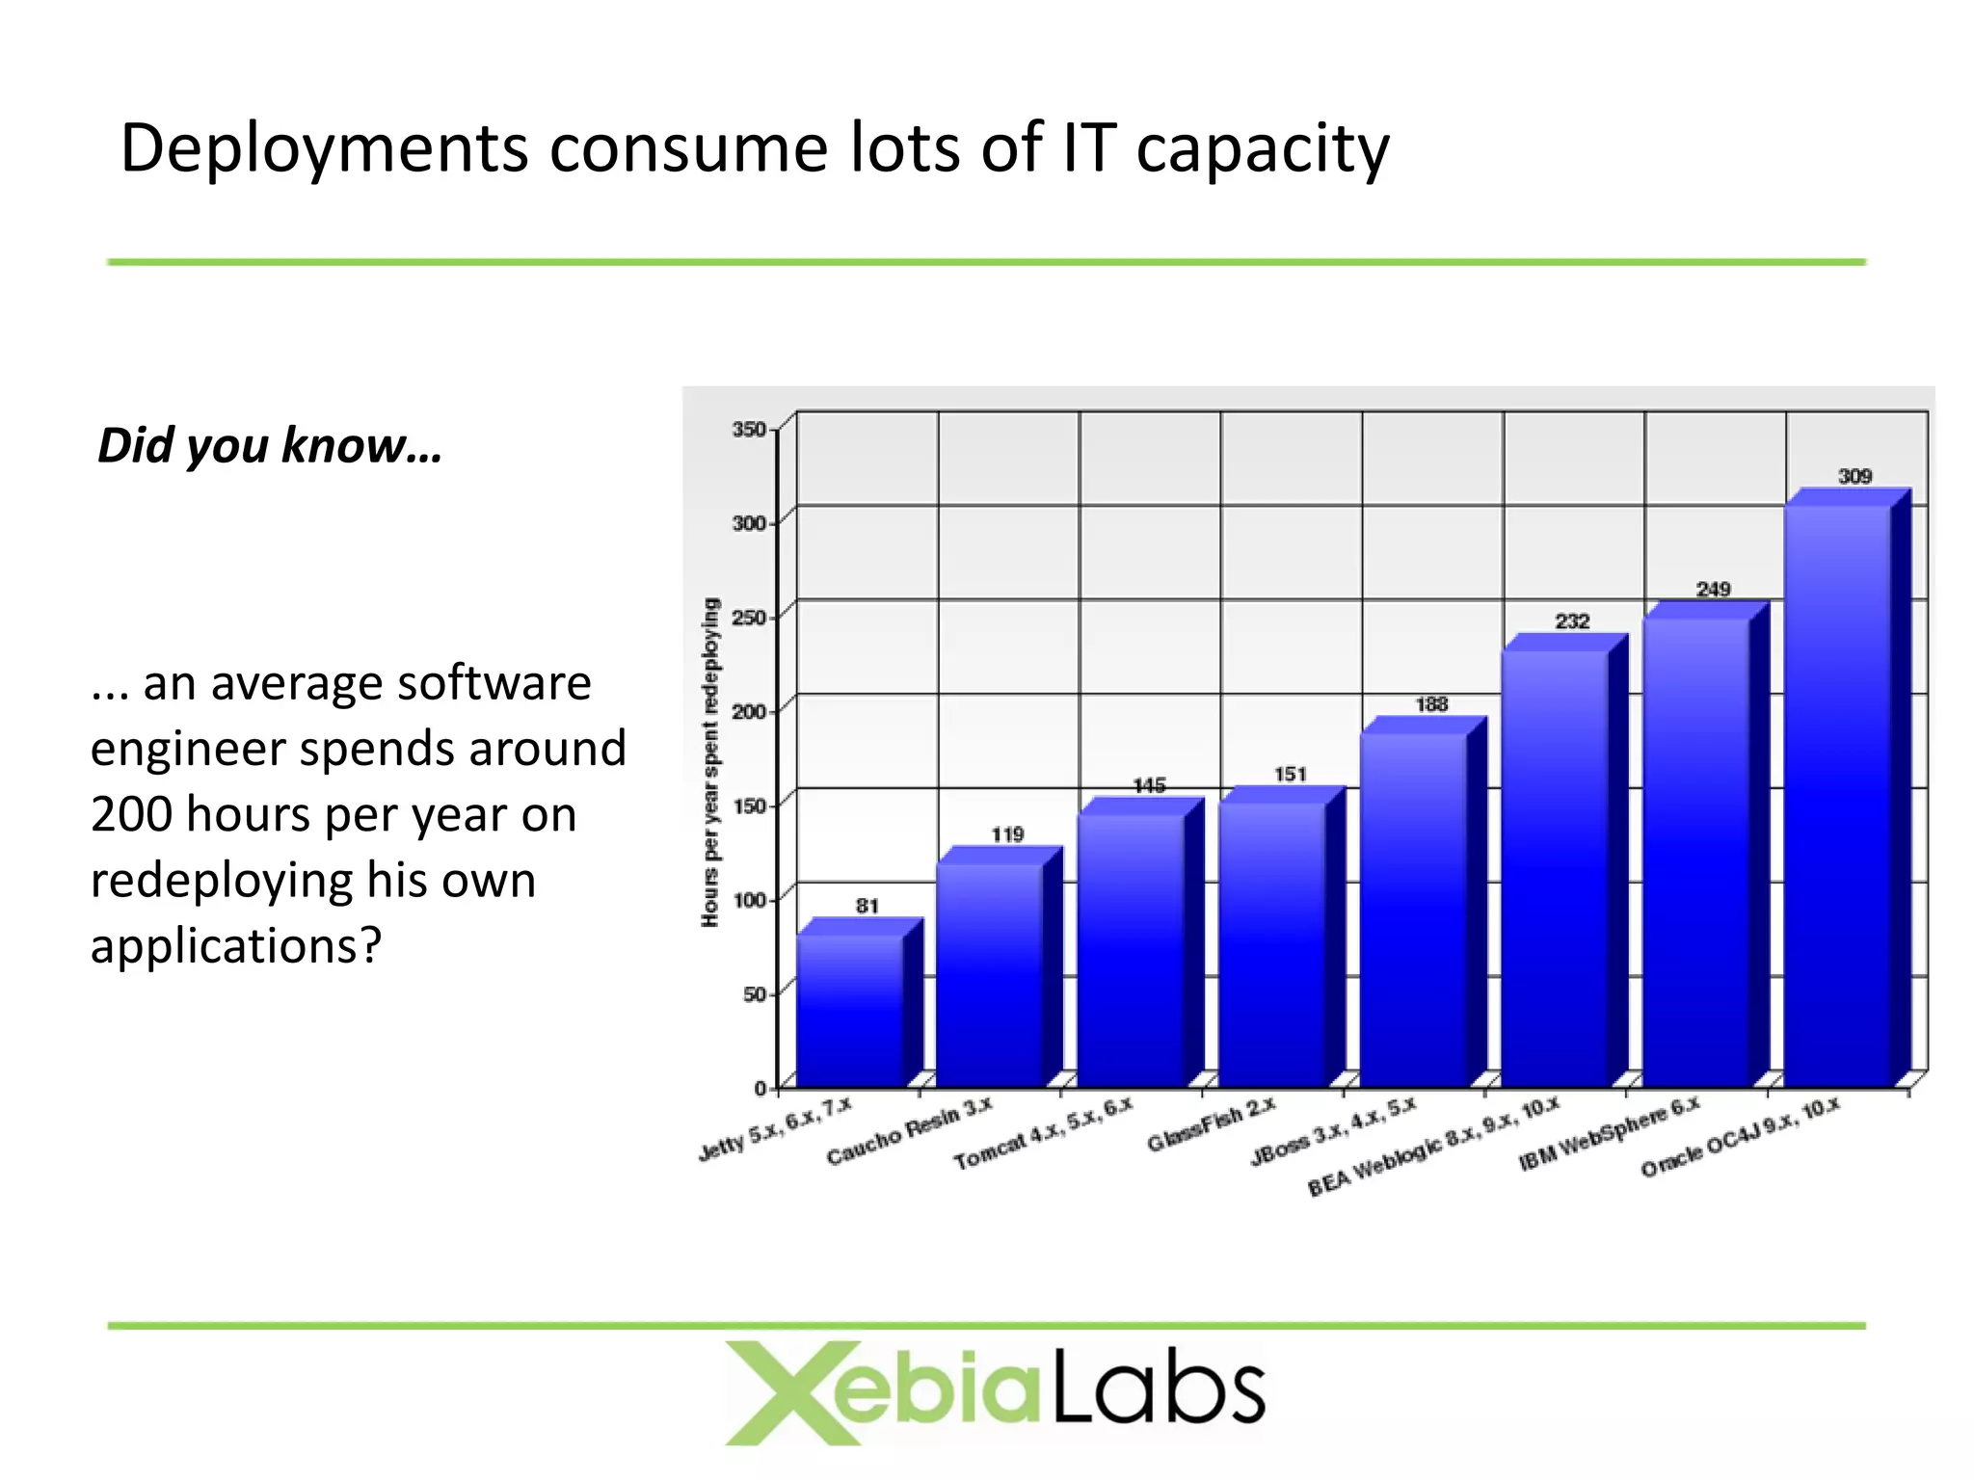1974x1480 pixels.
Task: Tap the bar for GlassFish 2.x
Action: pyautogui.click(x=1272, y=944)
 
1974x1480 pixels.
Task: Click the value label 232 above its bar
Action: pyautogui.click(x=1572, y=621)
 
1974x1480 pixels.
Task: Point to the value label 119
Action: pyautogui.click(x=1007, y=834)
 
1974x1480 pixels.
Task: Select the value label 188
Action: pyautogui.click(x=1431, y=704)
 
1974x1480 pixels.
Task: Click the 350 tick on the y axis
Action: pyautogui.click(x=748, y=429)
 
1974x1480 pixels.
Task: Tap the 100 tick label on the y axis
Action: pyautogui.click(x=748, y=900)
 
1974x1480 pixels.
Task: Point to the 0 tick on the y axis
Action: pyautogui.click(x=760, y=1088)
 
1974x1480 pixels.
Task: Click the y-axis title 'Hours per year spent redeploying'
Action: pyautogui.click(x=710, y=762)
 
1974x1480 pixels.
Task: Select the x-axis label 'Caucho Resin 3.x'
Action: pyautogui.click(x=908, y=1131)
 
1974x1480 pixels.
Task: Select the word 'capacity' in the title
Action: pyautogui.click(x=1262, y=149)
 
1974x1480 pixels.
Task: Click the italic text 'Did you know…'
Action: pyautogui.click(x=270, y=445)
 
